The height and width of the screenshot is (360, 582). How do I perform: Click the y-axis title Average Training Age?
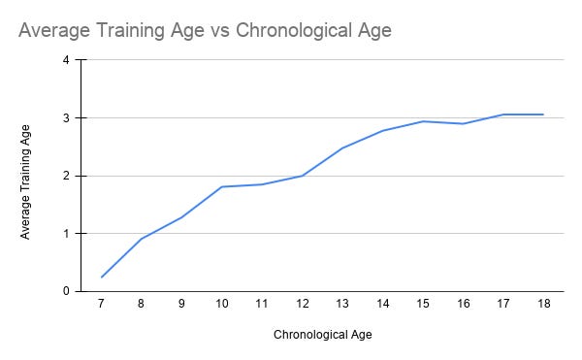(x=26, y=177)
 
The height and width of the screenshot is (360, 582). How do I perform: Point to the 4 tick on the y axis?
(x=65, y=59)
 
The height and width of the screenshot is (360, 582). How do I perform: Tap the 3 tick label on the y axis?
(x=65, y=117)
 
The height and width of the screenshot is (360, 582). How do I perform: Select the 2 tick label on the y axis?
(x=65, y=176)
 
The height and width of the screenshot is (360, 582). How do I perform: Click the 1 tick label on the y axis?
(x=65, y=234)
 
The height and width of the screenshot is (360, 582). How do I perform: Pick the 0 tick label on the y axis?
(x=65, y=291)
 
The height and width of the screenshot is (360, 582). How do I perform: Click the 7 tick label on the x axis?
(x=101, y=305)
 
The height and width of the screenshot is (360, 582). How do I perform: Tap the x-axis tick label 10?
(x=222, y=305)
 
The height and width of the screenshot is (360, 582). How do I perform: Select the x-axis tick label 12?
(x=303, y=305)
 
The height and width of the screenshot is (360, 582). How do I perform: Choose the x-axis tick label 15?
(x=423, y=305)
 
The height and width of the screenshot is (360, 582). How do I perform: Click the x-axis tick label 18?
(x=543, y=305)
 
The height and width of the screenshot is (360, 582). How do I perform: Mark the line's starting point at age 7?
(x=101, y=278)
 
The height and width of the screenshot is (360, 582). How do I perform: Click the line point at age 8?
(x=142, y=239)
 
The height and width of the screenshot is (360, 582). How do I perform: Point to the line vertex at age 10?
(x=222, y=186)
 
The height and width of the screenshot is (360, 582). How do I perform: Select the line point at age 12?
(x=303, y=176)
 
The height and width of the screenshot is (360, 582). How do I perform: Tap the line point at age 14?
(x=383, y=130)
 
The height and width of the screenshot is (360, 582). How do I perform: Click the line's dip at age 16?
(x=464, y=123)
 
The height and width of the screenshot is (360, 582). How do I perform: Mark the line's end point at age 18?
(x=543, y=115)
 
